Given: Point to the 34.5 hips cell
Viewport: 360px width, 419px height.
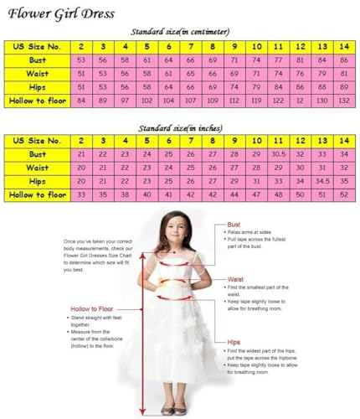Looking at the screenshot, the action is click(321, 181).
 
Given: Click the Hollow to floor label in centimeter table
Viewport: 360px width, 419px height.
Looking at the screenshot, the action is click(37, 101).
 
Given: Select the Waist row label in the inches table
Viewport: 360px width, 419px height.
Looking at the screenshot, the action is click(37, 168).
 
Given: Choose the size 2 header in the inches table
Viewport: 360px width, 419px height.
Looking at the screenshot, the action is click(81, 142).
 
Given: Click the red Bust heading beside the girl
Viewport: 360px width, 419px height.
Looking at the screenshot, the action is click(234, 225).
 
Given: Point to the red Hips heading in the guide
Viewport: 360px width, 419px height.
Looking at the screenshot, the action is click(234, 343).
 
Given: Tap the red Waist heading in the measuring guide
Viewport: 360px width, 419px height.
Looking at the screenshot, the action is click(236, 279).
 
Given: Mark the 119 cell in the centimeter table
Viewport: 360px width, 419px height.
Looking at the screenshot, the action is click(234, 101).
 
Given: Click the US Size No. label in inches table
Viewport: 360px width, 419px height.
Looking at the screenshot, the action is click(37, 142).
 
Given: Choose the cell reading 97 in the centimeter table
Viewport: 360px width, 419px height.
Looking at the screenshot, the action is click(125, 101).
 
